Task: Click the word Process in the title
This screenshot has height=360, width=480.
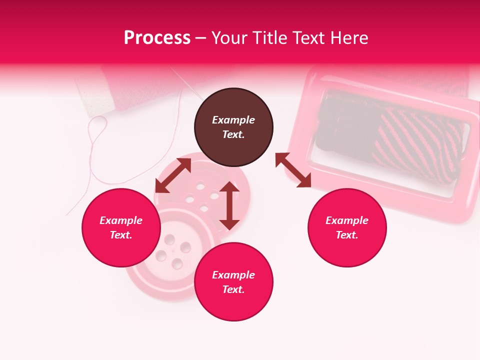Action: click(157, 38)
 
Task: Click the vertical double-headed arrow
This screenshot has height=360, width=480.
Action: click(229, 205)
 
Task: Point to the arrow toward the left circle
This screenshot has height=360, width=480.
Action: click(173, 175)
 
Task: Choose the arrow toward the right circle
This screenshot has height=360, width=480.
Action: click(293, 170)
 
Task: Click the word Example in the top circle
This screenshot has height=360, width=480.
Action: click(233, 120)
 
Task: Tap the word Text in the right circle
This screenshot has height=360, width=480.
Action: click(346, 235)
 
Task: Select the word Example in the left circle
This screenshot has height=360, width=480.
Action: click(121, 220)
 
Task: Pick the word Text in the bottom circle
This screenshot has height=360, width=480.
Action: click(233, 289)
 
